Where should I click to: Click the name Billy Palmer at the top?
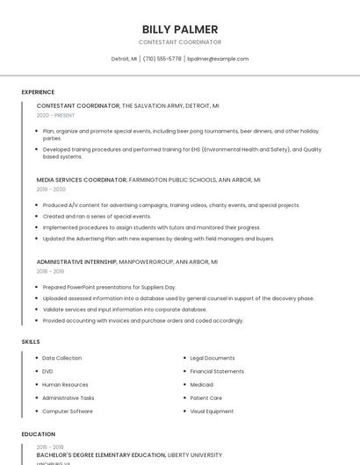180,29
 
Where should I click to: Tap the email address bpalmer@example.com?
219,59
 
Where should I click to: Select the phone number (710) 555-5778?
162,59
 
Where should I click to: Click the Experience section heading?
38,92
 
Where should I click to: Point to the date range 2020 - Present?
55,115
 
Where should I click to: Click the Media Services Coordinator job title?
82,180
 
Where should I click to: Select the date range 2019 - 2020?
51,190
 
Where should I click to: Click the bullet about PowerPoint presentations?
109,287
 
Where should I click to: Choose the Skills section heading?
31,341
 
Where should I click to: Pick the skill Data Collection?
61,358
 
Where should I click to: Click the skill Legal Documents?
212,358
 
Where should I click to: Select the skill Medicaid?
202,384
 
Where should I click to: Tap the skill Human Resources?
65,384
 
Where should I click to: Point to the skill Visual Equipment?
212,411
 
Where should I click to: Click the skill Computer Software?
68,411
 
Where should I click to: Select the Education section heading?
38,434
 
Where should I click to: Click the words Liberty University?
194,455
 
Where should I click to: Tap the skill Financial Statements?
217,371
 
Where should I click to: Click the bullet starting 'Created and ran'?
97,216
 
